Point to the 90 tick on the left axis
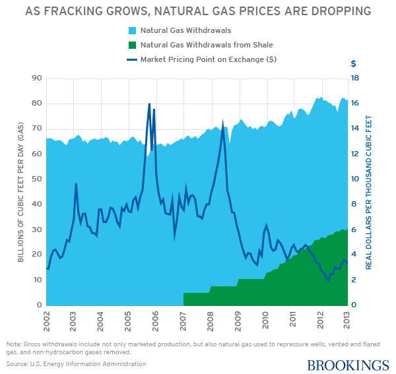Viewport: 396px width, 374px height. (36, 78)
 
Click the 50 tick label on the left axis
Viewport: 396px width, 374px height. (36, 179)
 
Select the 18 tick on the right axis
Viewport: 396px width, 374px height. (354, 78)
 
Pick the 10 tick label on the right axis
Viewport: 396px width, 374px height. (354, 179)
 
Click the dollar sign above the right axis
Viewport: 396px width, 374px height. (354, 64)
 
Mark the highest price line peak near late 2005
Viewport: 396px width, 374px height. (149, 104)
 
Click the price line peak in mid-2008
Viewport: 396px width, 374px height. (223, 123)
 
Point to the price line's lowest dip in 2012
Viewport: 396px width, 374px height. (327, 280)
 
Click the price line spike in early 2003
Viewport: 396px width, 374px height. (76, 184)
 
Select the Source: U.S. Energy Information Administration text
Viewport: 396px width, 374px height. (76, 363)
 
